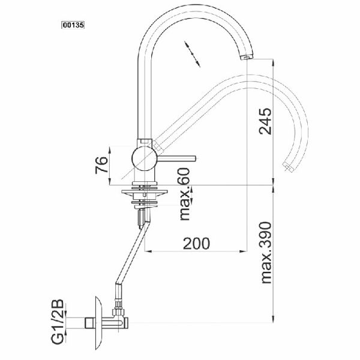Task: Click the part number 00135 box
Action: [73, 25]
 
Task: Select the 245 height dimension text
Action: [265, 121]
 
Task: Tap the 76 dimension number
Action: [101, 165]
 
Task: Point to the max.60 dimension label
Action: [185, 194]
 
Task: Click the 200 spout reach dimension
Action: [196, 244]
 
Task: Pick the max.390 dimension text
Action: [266, 253]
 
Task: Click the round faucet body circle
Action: [145, 158]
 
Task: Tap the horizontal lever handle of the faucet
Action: [176, 158]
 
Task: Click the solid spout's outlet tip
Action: [247, 56]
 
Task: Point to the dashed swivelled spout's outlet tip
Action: [288, 167]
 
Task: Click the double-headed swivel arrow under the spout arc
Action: [192, 54]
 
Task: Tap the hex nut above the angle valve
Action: [118, 312]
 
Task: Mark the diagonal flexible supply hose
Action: [133, 254]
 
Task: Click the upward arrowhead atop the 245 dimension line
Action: [273, 63]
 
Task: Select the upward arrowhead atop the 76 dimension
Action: [110, 149]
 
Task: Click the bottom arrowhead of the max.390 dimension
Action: [273, 319]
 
